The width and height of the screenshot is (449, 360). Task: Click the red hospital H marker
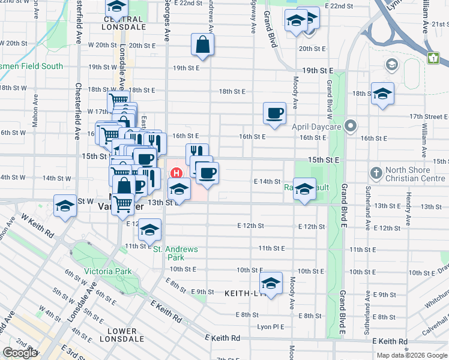[176, 173]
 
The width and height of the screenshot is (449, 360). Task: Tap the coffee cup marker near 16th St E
[275, 113]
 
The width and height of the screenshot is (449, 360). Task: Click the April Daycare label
[316, 127]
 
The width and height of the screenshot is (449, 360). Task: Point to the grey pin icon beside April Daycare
[351, 127]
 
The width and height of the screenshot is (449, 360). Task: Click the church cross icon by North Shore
[376, 174]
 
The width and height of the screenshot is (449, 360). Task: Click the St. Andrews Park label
[175, 253]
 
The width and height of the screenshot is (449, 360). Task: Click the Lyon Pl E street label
[269, 326]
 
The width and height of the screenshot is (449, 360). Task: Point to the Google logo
[20, 352]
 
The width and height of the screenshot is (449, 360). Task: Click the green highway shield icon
[433, 59]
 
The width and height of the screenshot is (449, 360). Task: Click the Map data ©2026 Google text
[412, 355]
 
